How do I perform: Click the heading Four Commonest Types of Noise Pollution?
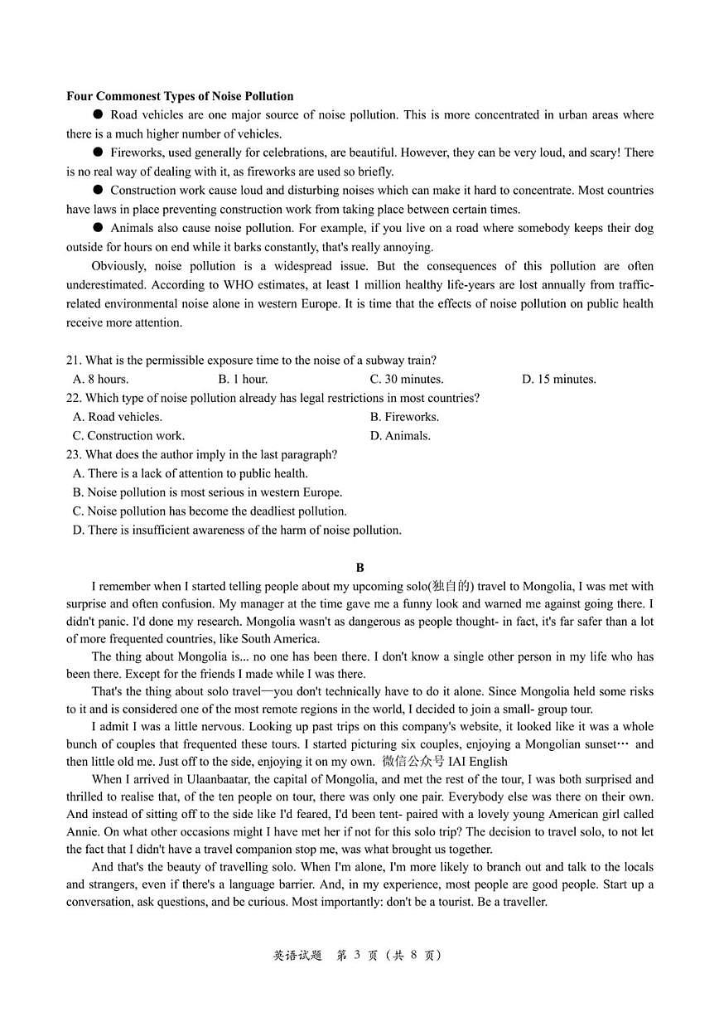pyautogui.click(x=180, y=96)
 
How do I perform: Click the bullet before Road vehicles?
pyautogui.click(x=98, y=114)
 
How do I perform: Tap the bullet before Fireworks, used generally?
pyautogui.click(x=98, y=153)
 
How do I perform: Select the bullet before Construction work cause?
pyautogui.click(x=98, y=190)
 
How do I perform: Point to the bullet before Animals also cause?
pyautogui.click(x=98, y=227)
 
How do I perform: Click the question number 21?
pyautogui.click(x=74, y=361)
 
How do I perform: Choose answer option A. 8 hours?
pyautogui.click(x=100, y=380)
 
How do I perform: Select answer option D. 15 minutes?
pyautogui.click(x=558, y=380)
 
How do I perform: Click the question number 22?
pyautogui.click(x=74, y=399)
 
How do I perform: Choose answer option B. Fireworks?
pyautogui.click(x=404, y=417)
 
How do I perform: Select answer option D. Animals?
pyautogui.click(x=400, y=436)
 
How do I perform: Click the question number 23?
pyautogui.click(x=74, y=455)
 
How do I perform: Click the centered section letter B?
pyautogui.click(x=359, y=568)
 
